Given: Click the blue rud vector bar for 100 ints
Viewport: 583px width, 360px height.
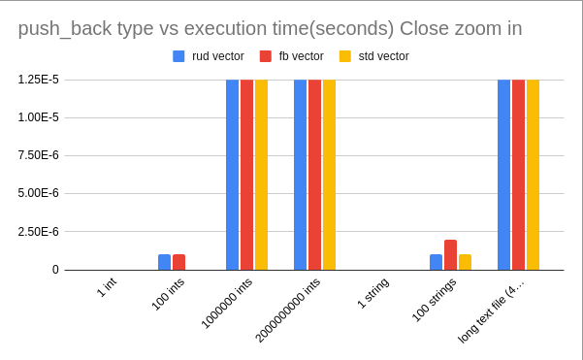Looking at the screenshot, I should [164, 262].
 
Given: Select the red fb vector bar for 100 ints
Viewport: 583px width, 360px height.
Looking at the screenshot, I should [178, 262].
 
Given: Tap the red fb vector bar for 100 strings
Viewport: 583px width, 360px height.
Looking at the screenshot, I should [450, 255].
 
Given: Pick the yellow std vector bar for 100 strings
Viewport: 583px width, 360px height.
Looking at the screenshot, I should [465, 262].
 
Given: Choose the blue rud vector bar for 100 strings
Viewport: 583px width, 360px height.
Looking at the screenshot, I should [436, 262].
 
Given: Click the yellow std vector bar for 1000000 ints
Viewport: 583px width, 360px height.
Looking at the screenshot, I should [261, 175].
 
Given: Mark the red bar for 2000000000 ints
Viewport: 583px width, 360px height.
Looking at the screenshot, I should [314, 175].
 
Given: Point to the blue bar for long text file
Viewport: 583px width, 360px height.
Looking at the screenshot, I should [503, 175].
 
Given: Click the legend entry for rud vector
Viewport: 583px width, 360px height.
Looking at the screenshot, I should [210, 56].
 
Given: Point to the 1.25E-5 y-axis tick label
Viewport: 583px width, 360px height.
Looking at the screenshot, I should [39, 80].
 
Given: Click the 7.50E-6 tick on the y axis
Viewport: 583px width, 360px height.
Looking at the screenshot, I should [39, 155].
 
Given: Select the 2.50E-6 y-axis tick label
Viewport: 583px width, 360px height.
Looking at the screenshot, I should [39, 232].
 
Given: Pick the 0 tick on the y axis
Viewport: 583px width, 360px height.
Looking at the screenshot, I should [55, 270].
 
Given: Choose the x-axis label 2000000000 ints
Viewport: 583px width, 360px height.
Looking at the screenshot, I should [287, 310].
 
